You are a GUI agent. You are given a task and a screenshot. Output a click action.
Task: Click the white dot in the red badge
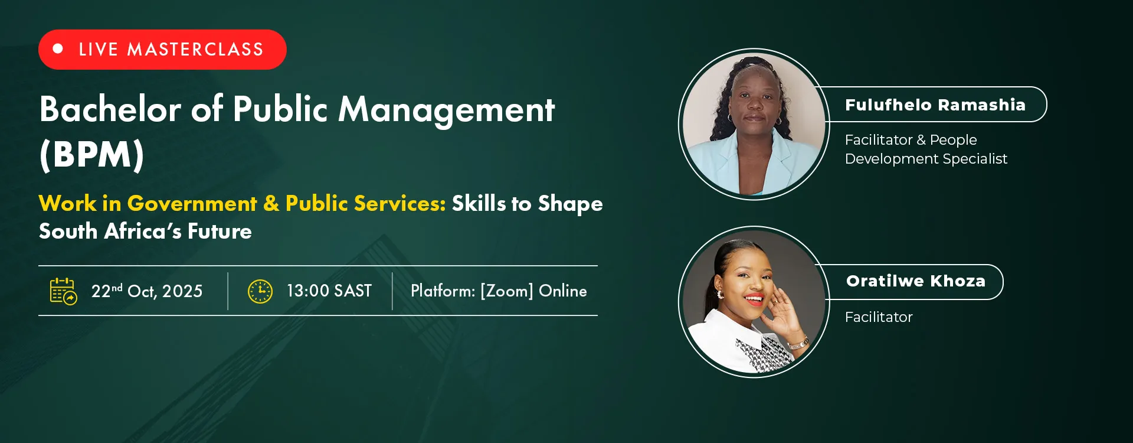[58, 49]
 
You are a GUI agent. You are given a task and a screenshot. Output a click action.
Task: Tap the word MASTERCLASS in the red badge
[195, 50]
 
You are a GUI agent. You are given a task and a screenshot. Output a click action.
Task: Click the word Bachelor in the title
[110, 109]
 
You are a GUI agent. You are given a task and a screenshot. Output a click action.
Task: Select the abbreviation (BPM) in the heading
[92, 155]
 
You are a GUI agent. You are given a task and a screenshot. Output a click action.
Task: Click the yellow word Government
[192, 203]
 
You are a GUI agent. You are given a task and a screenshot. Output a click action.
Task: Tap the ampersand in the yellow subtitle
[271, 203]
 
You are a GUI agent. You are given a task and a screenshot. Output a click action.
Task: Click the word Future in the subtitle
[220, 231]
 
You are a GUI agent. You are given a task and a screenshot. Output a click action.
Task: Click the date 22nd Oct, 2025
[147, 291]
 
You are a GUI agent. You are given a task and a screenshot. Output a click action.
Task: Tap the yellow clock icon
[260, 291]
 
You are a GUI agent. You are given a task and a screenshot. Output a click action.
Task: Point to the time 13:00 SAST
[329, 291]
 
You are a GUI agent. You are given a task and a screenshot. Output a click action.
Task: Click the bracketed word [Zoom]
[507, 291]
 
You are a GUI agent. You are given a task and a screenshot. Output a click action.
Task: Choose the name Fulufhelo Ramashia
[935, 105]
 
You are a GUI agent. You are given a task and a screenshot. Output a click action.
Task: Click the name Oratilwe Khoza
[916, 281]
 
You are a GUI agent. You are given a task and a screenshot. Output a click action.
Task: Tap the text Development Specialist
[926, 159]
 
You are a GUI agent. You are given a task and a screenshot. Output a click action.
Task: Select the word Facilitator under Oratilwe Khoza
[879, 317]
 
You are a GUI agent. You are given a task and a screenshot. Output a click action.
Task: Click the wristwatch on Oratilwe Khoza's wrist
[798, 343]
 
